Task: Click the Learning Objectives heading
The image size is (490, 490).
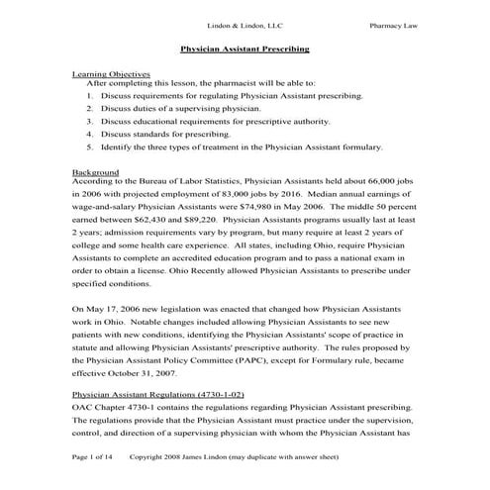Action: pyautogui.click(x=111, y=73)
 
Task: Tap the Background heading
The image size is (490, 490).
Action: pyautogui.click(x=95, y=171)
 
